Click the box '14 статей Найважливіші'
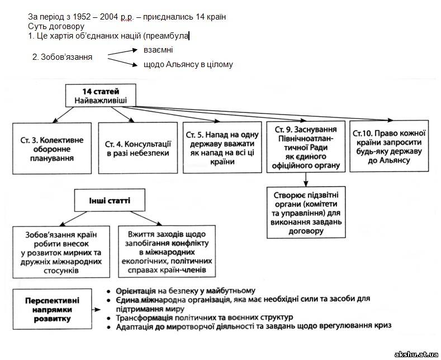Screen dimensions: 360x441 101,96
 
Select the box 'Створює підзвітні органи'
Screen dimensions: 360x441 306,212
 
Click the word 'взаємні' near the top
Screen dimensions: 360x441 157,50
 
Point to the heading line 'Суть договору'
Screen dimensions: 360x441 56,26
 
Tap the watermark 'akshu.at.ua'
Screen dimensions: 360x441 416,354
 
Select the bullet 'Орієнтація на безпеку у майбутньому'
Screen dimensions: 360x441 184,291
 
